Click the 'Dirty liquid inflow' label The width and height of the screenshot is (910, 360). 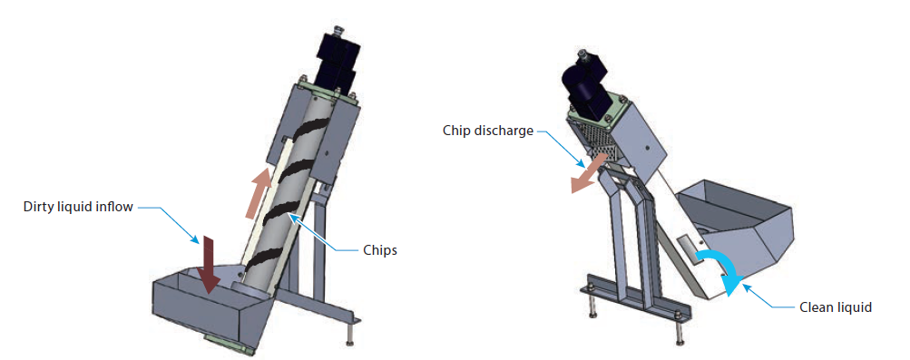(x=78, y=208)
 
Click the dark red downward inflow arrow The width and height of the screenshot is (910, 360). (x=210, y=264)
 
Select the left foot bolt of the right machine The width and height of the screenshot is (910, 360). (x=592, y=307)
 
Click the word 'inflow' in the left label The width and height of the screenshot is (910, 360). (x=114, y=208)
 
